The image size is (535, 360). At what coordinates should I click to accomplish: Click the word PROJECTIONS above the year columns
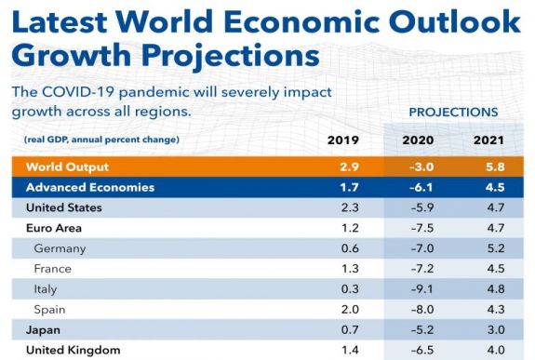coord(453,112)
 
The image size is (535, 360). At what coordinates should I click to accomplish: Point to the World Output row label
coord(68,167)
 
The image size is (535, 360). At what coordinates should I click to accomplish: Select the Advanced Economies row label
coord(88,187)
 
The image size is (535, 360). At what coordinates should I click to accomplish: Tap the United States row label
coord(64,207)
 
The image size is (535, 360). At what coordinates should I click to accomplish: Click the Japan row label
coord(45,329)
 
